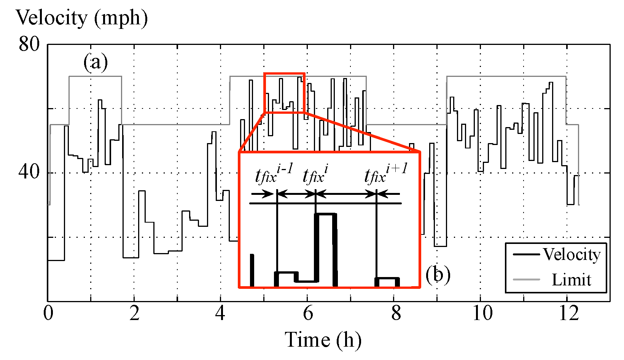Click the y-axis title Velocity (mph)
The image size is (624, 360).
[81, 18]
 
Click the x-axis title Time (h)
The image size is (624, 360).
[323, 340]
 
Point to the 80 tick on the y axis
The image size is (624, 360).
[29, 45]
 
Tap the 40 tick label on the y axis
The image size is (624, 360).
[29, 172]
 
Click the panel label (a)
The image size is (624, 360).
[96, 62]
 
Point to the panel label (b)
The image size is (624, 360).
[438, 274]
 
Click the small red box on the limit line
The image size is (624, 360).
[284, 93]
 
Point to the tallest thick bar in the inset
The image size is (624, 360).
[326, 249]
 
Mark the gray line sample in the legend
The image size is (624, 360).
[527, 280]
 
